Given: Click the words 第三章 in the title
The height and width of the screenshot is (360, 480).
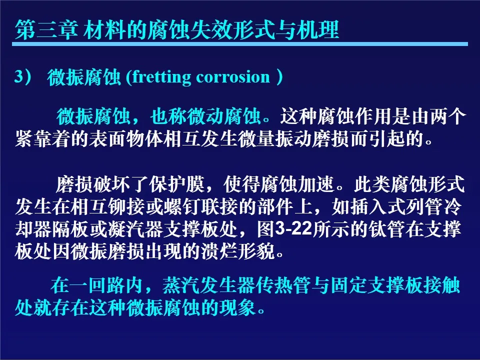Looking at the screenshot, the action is tap(46, 29).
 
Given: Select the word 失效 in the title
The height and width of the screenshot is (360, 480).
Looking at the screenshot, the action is tap(211, 29).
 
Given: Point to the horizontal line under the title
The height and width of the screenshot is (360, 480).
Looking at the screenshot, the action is tap(240, 44).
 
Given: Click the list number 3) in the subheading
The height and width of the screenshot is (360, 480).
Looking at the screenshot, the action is tap(22, 76).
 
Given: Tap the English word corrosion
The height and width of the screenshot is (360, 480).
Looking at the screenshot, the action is tap(233, 77).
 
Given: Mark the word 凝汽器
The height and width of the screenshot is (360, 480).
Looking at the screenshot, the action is tap(135, 229).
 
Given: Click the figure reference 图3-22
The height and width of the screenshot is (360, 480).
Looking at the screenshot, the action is tap(284, 229).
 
